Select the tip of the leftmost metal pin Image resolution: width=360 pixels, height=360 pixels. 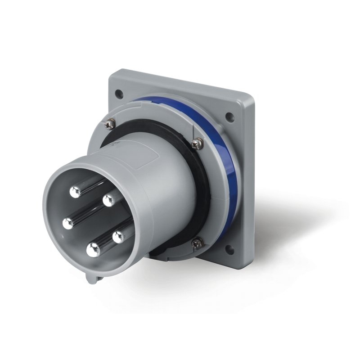click(68, 222)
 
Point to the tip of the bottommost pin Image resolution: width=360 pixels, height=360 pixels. click(93, 247)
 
